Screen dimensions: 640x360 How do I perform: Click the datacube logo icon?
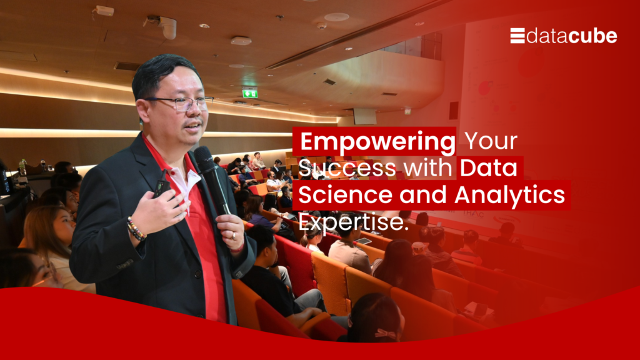(x=517, y=36)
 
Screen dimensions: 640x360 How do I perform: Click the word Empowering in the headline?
(x=378, y=141)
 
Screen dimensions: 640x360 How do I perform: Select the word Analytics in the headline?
(x=510, y=195)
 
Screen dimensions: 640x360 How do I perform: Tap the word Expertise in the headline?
(x=354, y=222)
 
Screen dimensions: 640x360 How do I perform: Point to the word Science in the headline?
(x=346, y=195)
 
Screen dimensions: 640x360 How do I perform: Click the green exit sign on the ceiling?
(x=250, y=94)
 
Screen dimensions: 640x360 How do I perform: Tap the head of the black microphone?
(x=203, y=156)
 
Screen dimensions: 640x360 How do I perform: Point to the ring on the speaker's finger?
(x=234, y=236)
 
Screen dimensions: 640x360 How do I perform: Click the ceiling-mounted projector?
(x=162, y=25)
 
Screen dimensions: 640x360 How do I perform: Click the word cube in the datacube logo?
(x=592, y=36)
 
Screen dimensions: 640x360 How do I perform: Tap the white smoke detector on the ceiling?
(x=241, y=41)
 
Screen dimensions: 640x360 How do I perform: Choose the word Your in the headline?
(x=491, y=141)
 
